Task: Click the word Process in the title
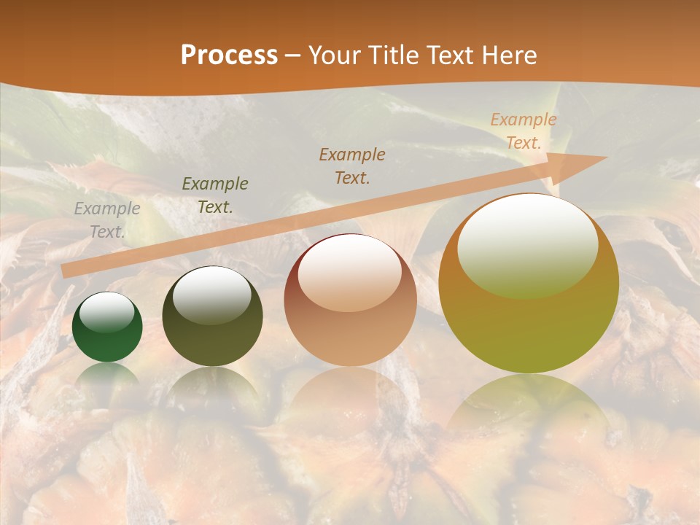pyautogui.click(x=229, y=55)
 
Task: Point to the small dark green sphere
pyautogui.click(x=107, y=327)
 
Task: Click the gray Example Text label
pyautogui.click(x=107, y=220)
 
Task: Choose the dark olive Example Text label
pyautogui.click(x=215, y=195)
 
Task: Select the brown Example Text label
pyautogui.click(x=352, y=166)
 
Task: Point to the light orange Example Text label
pyautogui.click(x=523, y=131)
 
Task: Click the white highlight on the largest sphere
pyautogui.click(x=527, y=244)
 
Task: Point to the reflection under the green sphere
pyautogui.click(x=107, y=376)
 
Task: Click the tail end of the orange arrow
pyautogui.click(x=67, y=271)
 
